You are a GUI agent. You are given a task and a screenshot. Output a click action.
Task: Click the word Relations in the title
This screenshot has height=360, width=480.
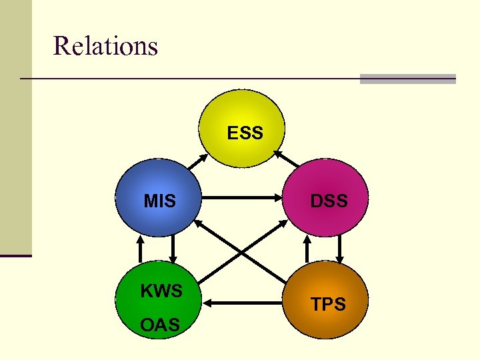(105, 47)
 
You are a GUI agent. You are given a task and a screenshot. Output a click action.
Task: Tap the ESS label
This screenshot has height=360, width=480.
(245, 133)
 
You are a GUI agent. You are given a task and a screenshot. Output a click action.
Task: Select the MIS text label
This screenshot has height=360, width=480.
(160, 201)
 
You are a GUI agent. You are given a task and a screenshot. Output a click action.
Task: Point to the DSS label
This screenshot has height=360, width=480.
(329, 201)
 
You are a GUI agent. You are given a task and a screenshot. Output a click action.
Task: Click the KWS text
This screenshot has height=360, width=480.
(161, 291)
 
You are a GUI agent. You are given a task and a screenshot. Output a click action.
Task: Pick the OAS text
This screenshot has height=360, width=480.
(160, 325)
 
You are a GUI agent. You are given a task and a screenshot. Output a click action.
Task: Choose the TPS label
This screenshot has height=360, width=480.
(329, 305)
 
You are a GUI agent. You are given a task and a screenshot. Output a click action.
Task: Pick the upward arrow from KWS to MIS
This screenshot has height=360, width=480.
(140, 250)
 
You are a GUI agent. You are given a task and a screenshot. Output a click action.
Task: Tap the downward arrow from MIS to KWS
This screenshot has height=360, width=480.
(173, 250)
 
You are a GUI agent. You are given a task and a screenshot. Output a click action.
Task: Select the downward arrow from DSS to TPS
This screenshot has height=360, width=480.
(340, 250)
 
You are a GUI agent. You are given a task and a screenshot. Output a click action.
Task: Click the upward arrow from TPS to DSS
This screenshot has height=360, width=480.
(307, 250)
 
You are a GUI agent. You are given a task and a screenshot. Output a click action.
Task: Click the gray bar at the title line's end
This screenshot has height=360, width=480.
(407, 79)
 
